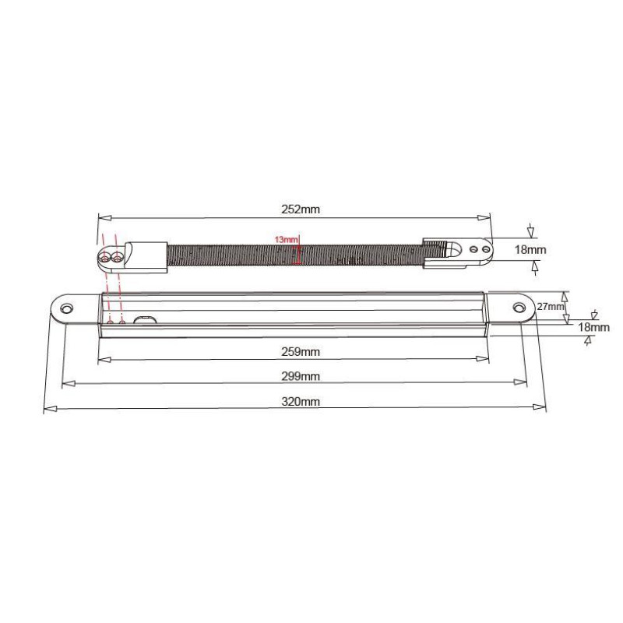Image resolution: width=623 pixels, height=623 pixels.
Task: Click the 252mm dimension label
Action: click(301, 209)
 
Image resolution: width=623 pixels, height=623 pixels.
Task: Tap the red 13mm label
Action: click(286, 240)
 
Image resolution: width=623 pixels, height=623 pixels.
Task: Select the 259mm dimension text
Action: click(301, 352)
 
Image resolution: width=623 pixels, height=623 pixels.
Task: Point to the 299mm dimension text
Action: click(301, 376)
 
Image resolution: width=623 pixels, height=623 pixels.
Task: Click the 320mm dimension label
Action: click(301, 401)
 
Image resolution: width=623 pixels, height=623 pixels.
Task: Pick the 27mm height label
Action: click(551, 306)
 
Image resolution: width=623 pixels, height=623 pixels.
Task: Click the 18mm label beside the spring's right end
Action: click(530, 249)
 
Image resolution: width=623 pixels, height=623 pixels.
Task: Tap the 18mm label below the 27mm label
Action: click(593, 327)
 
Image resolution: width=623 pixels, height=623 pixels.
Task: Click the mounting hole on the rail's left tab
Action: click(66, 308)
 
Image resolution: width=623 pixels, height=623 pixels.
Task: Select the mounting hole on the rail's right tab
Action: click(519, 307)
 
